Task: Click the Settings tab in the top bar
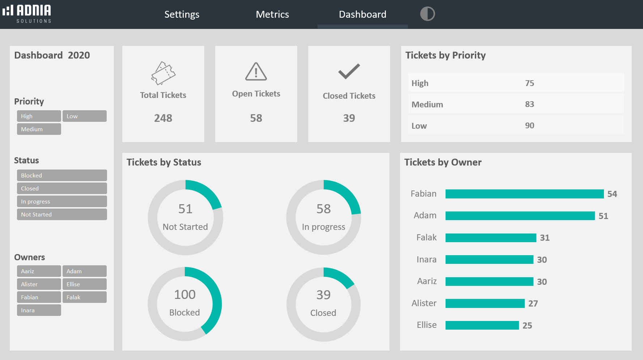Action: coord(182,14)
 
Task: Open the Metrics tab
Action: coord(272,14)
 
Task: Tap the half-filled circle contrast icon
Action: coord(427,14)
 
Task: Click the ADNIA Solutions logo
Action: coord(27,14)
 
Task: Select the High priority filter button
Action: coord(39,116)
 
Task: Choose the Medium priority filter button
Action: coord(39,129)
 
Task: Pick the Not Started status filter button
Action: coord(62,214)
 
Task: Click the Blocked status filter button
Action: coord(62,175)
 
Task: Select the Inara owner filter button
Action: coord(39,310)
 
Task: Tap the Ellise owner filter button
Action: coord(84,284)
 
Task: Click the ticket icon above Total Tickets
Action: coord(163,73)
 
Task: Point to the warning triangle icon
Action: coord(256,72)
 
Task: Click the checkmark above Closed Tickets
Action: coord(349,71)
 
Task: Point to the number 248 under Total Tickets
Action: coord(163,118)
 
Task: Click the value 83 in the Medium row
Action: coord(529,104)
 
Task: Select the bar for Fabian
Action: coord(524,194)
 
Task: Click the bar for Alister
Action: coord(485,303)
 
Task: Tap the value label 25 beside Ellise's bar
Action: coord(527,325)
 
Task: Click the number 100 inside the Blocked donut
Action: coord(185,295)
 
